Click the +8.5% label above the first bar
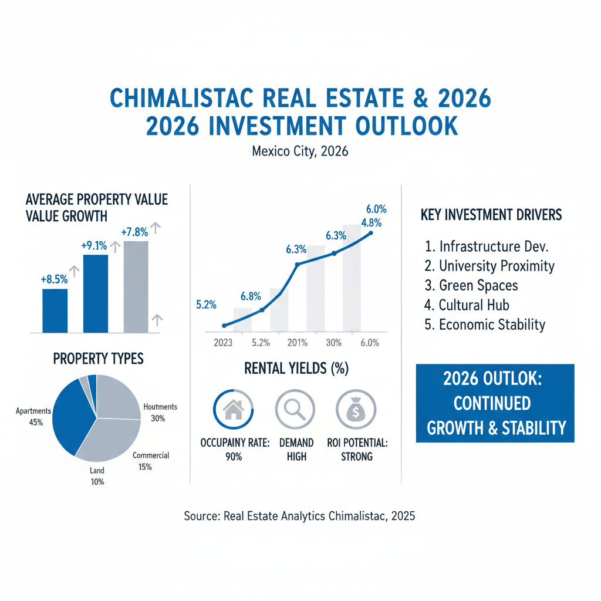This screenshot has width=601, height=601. point(55,280)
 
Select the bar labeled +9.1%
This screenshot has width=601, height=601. point(96,293)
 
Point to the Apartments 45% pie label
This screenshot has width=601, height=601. point(29,416)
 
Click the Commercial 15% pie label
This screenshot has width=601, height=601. point(151,461)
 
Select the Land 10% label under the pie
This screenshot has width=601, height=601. point(97,476)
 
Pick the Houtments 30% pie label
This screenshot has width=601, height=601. point(160,412)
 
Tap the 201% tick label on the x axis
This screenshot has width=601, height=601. point(298,342)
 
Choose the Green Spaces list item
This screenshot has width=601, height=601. point(471,285)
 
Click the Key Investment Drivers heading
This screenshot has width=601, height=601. point(491,215)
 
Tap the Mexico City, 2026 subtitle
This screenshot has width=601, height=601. point(300,151)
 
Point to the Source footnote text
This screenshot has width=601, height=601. point(299,516)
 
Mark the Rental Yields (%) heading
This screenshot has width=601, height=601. point(296,369)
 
